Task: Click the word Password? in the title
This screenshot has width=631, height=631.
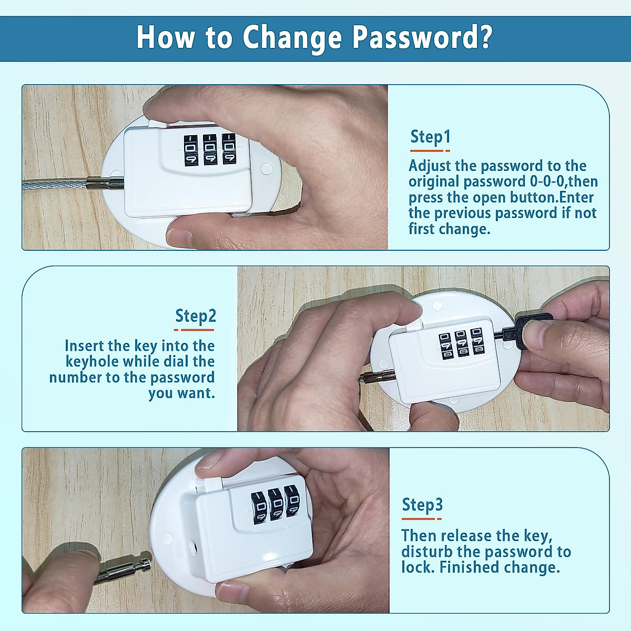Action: pyautogui.click(x=422, y=38)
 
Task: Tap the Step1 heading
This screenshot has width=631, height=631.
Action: pyautogui.click(x=430, y=137)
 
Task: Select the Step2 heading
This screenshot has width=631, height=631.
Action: pyautogui.click(x=195, y=316)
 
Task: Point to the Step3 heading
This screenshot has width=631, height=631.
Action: pyautogui.click(x=422, y=505)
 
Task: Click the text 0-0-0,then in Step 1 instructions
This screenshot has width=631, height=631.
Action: pyautogui.click(x=564, y=182)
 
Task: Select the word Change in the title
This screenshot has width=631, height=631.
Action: pyautogui.click(x=292, y=38)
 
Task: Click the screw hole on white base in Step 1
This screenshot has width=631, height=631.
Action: pyautogui.click(x=266, y=169)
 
